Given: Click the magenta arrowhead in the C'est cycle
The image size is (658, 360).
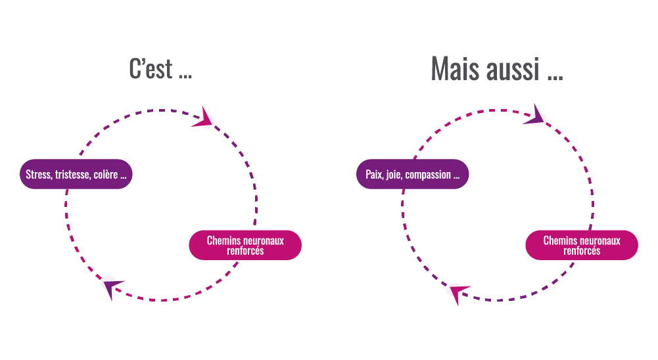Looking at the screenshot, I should pyautogui.click(x=204, y=118).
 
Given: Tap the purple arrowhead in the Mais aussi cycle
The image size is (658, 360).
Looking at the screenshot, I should pyautogui.click(x=538, y=115).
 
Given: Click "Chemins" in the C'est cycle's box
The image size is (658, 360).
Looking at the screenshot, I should pyautogui.click(x=222, y=240).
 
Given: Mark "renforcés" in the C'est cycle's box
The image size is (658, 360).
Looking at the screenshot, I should pyautogui.click(x=245, y=251).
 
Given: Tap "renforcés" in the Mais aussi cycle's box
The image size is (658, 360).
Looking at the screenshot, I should pyautogui.click(x=582, y=251).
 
